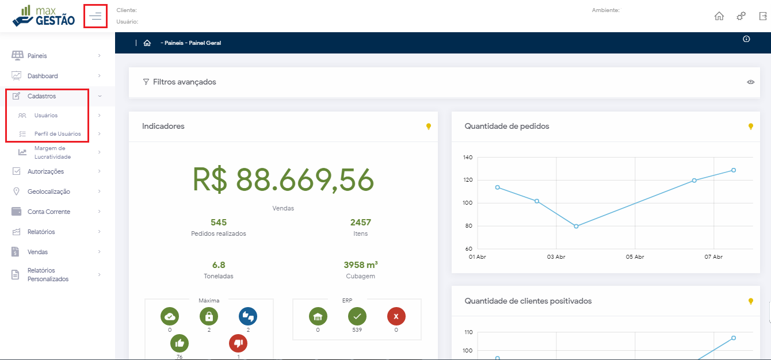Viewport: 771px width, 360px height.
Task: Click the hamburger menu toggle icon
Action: (x=96, y=16)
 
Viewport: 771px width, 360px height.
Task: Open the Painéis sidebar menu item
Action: (x=37, y=56)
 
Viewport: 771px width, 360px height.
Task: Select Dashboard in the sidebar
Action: (x=43, y=76)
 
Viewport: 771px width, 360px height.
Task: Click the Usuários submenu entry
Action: (x=46, y=116)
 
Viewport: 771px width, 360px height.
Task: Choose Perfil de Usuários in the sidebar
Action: (x=58, y=134)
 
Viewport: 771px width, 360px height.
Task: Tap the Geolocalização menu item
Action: (x=49, y=192)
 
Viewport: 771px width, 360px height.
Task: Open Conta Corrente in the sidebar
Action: (x=49, y=212)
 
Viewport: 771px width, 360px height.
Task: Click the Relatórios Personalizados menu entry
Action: (x=48, y=275)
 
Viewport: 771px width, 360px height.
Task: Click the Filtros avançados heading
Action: (x=184, y=82)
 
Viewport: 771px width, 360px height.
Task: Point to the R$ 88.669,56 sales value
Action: (x=283, y=180)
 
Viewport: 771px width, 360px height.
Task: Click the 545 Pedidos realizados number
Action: (x=219, y=223)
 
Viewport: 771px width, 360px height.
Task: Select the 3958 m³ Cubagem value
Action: (x=361, y=265)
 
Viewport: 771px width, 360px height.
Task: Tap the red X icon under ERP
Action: (x=396, y=316)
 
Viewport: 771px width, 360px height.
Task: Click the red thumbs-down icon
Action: (x=238, y=343)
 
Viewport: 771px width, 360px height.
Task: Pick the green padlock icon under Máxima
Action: (x=209, y=316)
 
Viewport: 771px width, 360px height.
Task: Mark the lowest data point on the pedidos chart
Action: (x=576, y=226)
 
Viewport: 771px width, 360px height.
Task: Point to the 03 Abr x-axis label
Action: (x=556, y=257)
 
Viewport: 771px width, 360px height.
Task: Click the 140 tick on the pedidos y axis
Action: (x=467, y=157)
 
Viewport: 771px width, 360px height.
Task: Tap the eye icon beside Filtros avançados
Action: (x=751, y=82)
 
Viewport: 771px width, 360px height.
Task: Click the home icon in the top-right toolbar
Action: (x=719, y=16)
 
